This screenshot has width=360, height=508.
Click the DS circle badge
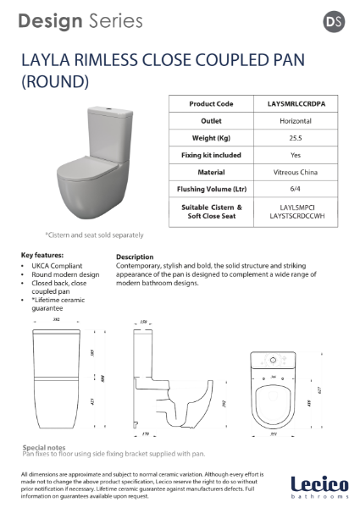click(x=334, y=21)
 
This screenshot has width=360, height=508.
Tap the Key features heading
click(x=43, y=255)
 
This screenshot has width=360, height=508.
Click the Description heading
click(x=135, y=257)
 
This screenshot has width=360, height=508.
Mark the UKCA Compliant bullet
click(x=56, y=265)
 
